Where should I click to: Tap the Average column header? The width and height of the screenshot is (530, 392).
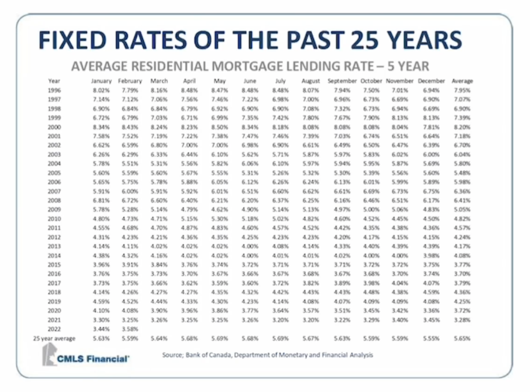(x=462, y=81)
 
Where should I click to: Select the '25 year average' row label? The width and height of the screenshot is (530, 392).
(x=55, y=338)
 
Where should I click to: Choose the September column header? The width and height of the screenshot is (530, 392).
(x=342, y=81)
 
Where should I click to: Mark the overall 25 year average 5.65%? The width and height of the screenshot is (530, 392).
(x=462, y=338)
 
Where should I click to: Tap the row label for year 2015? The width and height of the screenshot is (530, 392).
(x=54, y=264)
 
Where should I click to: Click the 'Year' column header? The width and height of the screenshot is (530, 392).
(x=54, y=81)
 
